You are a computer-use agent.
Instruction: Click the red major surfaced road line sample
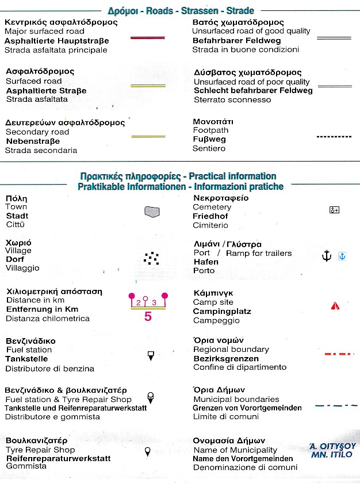[x=147, y=37]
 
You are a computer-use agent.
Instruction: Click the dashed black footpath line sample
[x=334, y=137]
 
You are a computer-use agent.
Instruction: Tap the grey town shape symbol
[x=151, y=212]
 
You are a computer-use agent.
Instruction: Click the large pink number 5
[x=148, y=316]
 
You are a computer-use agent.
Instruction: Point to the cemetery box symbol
[x=334, y=210]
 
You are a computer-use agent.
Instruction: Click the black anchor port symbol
[x=326, y=256]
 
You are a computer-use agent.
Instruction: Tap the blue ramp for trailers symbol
[x=342, y=256]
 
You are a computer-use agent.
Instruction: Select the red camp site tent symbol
[x=335, y=306]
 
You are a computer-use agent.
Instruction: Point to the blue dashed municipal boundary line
[x=334, y=405]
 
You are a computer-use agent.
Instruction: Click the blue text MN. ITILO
[x=332, y=455]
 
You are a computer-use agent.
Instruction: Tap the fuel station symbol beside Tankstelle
[x=151, y=356]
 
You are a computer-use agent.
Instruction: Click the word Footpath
[x=210, y=131]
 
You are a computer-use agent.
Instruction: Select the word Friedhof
[x=210, y=216]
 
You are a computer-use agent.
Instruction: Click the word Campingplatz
[x=222, y=312]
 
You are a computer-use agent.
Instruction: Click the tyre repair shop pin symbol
[x=148, y=451]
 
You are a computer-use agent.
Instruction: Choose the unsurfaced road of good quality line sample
[x=334, y=37]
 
